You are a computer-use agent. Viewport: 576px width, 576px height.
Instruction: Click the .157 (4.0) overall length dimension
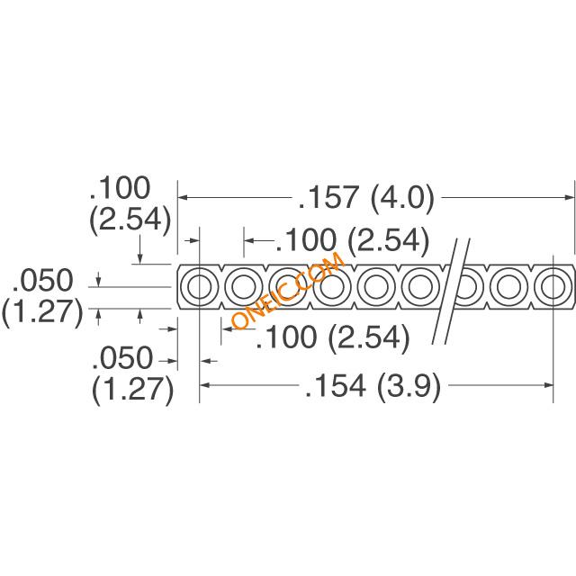tap(366, 198)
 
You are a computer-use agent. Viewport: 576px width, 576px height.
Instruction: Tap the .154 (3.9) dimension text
tap(373, 386)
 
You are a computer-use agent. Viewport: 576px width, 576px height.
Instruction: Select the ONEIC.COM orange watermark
tap(288, 290)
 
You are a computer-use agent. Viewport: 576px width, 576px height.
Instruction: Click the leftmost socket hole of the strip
tap(200, 286)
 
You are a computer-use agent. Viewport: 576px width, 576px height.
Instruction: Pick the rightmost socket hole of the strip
tap(553, 286)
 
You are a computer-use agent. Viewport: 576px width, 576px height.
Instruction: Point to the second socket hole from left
tap(244, 286)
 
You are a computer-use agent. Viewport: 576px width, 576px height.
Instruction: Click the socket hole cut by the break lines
tap(464, 286)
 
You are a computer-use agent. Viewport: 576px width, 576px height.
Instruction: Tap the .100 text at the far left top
tap(120, 188)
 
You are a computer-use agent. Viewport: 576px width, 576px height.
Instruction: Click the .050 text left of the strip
tap(42, 280)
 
